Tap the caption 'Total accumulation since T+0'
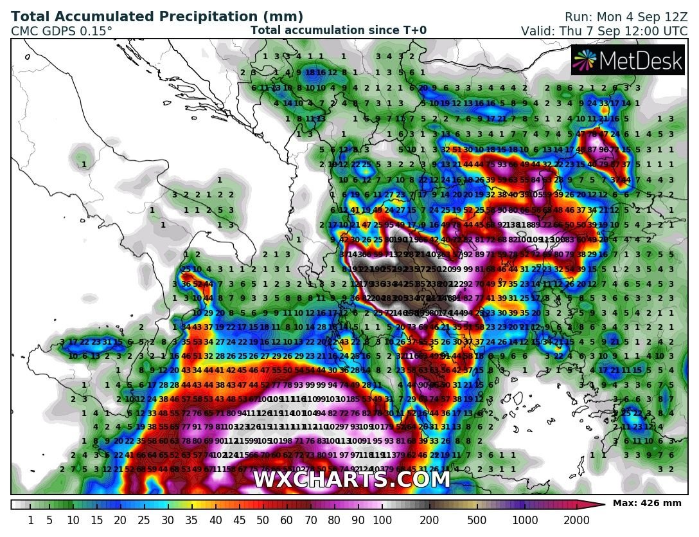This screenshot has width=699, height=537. click(x=338, y=30)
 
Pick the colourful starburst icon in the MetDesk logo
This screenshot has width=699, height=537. click(x=585, y=60)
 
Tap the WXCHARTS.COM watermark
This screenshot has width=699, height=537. click(x=351, y=480)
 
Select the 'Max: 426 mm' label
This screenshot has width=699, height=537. click(x=647, y=504)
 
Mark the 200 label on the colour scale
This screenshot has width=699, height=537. click(x=430, y=520)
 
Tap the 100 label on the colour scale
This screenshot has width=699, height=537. click(x=382, y=520)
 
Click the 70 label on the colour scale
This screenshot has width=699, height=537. click(x=311, y=520)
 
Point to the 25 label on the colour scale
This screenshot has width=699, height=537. click(x=145, y=520)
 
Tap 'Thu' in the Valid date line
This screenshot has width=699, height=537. click(x=574, y=30)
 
